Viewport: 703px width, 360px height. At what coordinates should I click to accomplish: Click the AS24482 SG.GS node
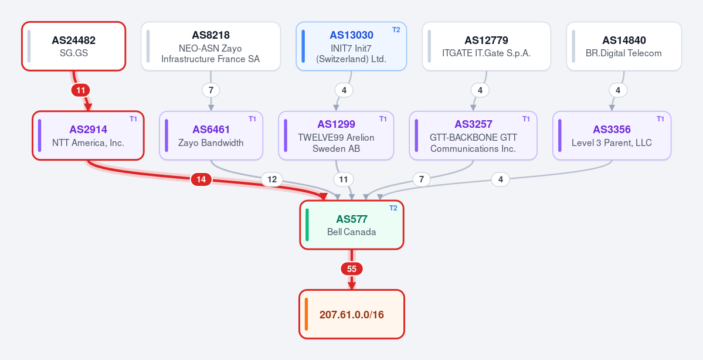tap(73, 46)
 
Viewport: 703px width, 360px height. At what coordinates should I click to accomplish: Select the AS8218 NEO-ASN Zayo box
tap(210, 46)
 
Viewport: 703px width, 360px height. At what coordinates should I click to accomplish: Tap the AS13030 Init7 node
tap(352, 46)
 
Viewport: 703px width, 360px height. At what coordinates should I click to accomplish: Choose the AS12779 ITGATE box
tap(487, 46)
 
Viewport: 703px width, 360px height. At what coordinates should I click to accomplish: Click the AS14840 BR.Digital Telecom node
tap(624, 46)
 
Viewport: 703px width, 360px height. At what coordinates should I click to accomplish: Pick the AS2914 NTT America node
tap(89, 135)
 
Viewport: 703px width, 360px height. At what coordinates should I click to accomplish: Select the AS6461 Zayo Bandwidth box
tap(211, 135)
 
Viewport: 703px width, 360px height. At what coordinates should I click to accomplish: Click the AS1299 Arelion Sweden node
tap(337, 135)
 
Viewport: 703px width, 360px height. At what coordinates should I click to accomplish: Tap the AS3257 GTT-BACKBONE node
tap(473, 135)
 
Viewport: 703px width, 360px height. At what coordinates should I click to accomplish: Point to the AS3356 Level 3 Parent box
tap(612, 135)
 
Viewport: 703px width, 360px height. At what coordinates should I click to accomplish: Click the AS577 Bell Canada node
tap(352, 225)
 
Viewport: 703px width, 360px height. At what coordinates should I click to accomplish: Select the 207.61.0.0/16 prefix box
tap(352, 314)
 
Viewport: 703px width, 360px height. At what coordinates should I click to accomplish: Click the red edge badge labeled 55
tap(352, 269)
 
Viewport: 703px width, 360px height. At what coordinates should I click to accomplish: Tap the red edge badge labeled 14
tap(201, 179)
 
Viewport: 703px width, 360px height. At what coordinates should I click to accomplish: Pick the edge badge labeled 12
tap(272, 179)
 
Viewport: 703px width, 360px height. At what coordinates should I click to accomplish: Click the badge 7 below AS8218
tap(210, 90)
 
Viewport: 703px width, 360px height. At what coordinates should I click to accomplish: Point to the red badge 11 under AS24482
tap(81, 90)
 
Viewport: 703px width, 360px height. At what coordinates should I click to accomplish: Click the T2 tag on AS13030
tap(396, 29)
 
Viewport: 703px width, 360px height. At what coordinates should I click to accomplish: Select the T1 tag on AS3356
tap(660, 119)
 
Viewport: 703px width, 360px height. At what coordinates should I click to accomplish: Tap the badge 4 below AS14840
tap(618, 90)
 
